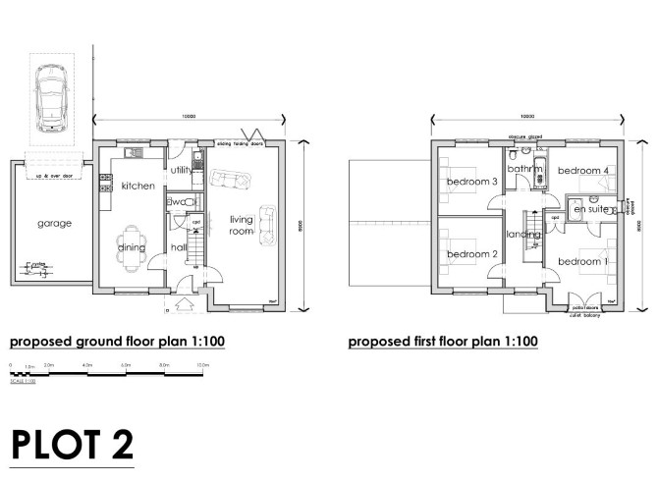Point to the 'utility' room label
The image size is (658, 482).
(182, 170)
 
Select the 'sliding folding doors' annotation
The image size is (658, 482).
(244, 142)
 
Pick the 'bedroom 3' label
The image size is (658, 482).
(472, 182)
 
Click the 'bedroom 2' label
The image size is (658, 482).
(472, 254)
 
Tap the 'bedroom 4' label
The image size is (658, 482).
(583, 171)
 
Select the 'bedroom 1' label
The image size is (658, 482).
(583, 261)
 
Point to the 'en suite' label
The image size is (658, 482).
(591, 209)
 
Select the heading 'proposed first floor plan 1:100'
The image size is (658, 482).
(443, 344)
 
